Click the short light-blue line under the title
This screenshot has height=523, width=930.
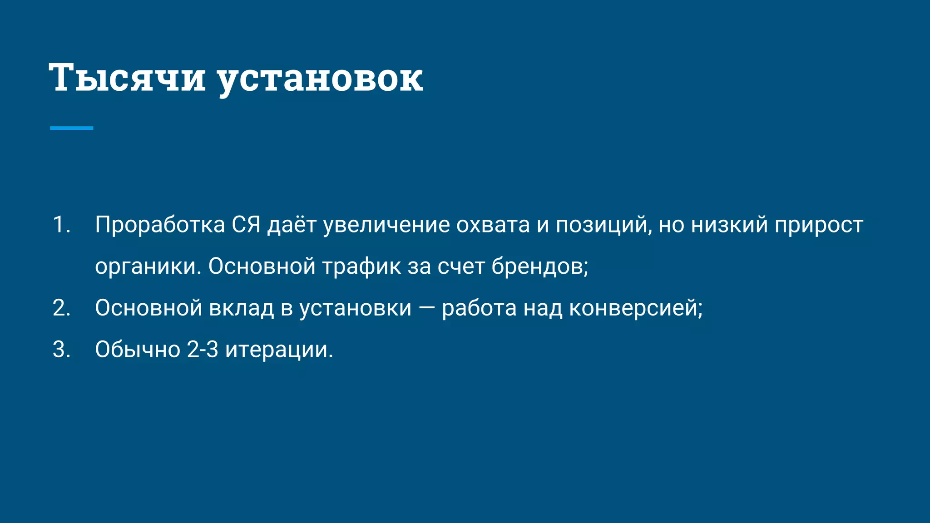(71, 128)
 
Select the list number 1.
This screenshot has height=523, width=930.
(61, 225)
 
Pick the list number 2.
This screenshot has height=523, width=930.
(61, 308)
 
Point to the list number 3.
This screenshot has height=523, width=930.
(61, 350)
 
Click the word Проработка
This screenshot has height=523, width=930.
(160, 225)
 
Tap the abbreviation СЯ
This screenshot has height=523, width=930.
(246, 225)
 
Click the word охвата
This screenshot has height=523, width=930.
(493, 225)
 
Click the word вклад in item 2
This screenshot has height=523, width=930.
(241, 308)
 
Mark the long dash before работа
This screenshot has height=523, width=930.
(426, 309)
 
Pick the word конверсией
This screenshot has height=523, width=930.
(635, 309)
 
